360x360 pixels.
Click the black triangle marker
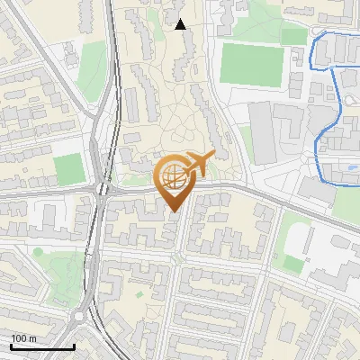tap(180, 24)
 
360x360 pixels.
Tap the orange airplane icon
tap(198, 164)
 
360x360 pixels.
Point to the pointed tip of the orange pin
tap(174, 212)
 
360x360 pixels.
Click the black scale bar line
tap(42, 346)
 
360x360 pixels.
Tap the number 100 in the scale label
tap(18, 338)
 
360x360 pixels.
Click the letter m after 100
tap(31, 338)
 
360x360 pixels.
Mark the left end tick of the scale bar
tap(11, 345)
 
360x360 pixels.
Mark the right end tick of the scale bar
tap(74, 345)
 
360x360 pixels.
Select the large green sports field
tap(252, 63)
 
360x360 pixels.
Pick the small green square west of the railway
tap(68, 169)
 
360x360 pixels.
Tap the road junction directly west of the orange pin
tap(102, 190)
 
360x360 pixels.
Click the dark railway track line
tap(114, 90)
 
